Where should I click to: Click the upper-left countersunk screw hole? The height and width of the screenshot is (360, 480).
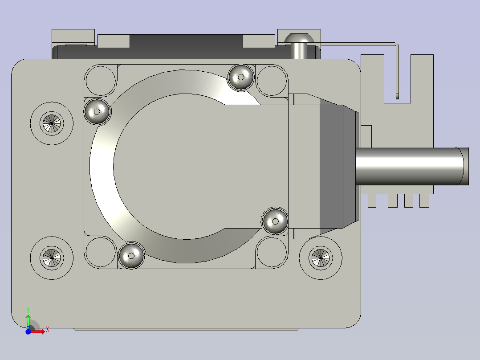pos(52,123)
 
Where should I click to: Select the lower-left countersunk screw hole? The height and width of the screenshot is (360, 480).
pos(52,258)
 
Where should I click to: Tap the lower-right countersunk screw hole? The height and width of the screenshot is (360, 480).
pos(321,258)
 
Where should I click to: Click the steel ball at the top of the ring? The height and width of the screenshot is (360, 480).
pos(241,77)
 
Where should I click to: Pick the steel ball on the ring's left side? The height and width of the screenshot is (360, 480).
pos(97,111)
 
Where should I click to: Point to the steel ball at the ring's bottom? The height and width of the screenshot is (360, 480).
pos(131,256)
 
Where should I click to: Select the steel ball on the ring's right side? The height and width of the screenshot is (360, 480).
pos(275,221)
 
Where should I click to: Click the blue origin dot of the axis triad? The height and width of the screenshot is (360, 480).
pos(28,331)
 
